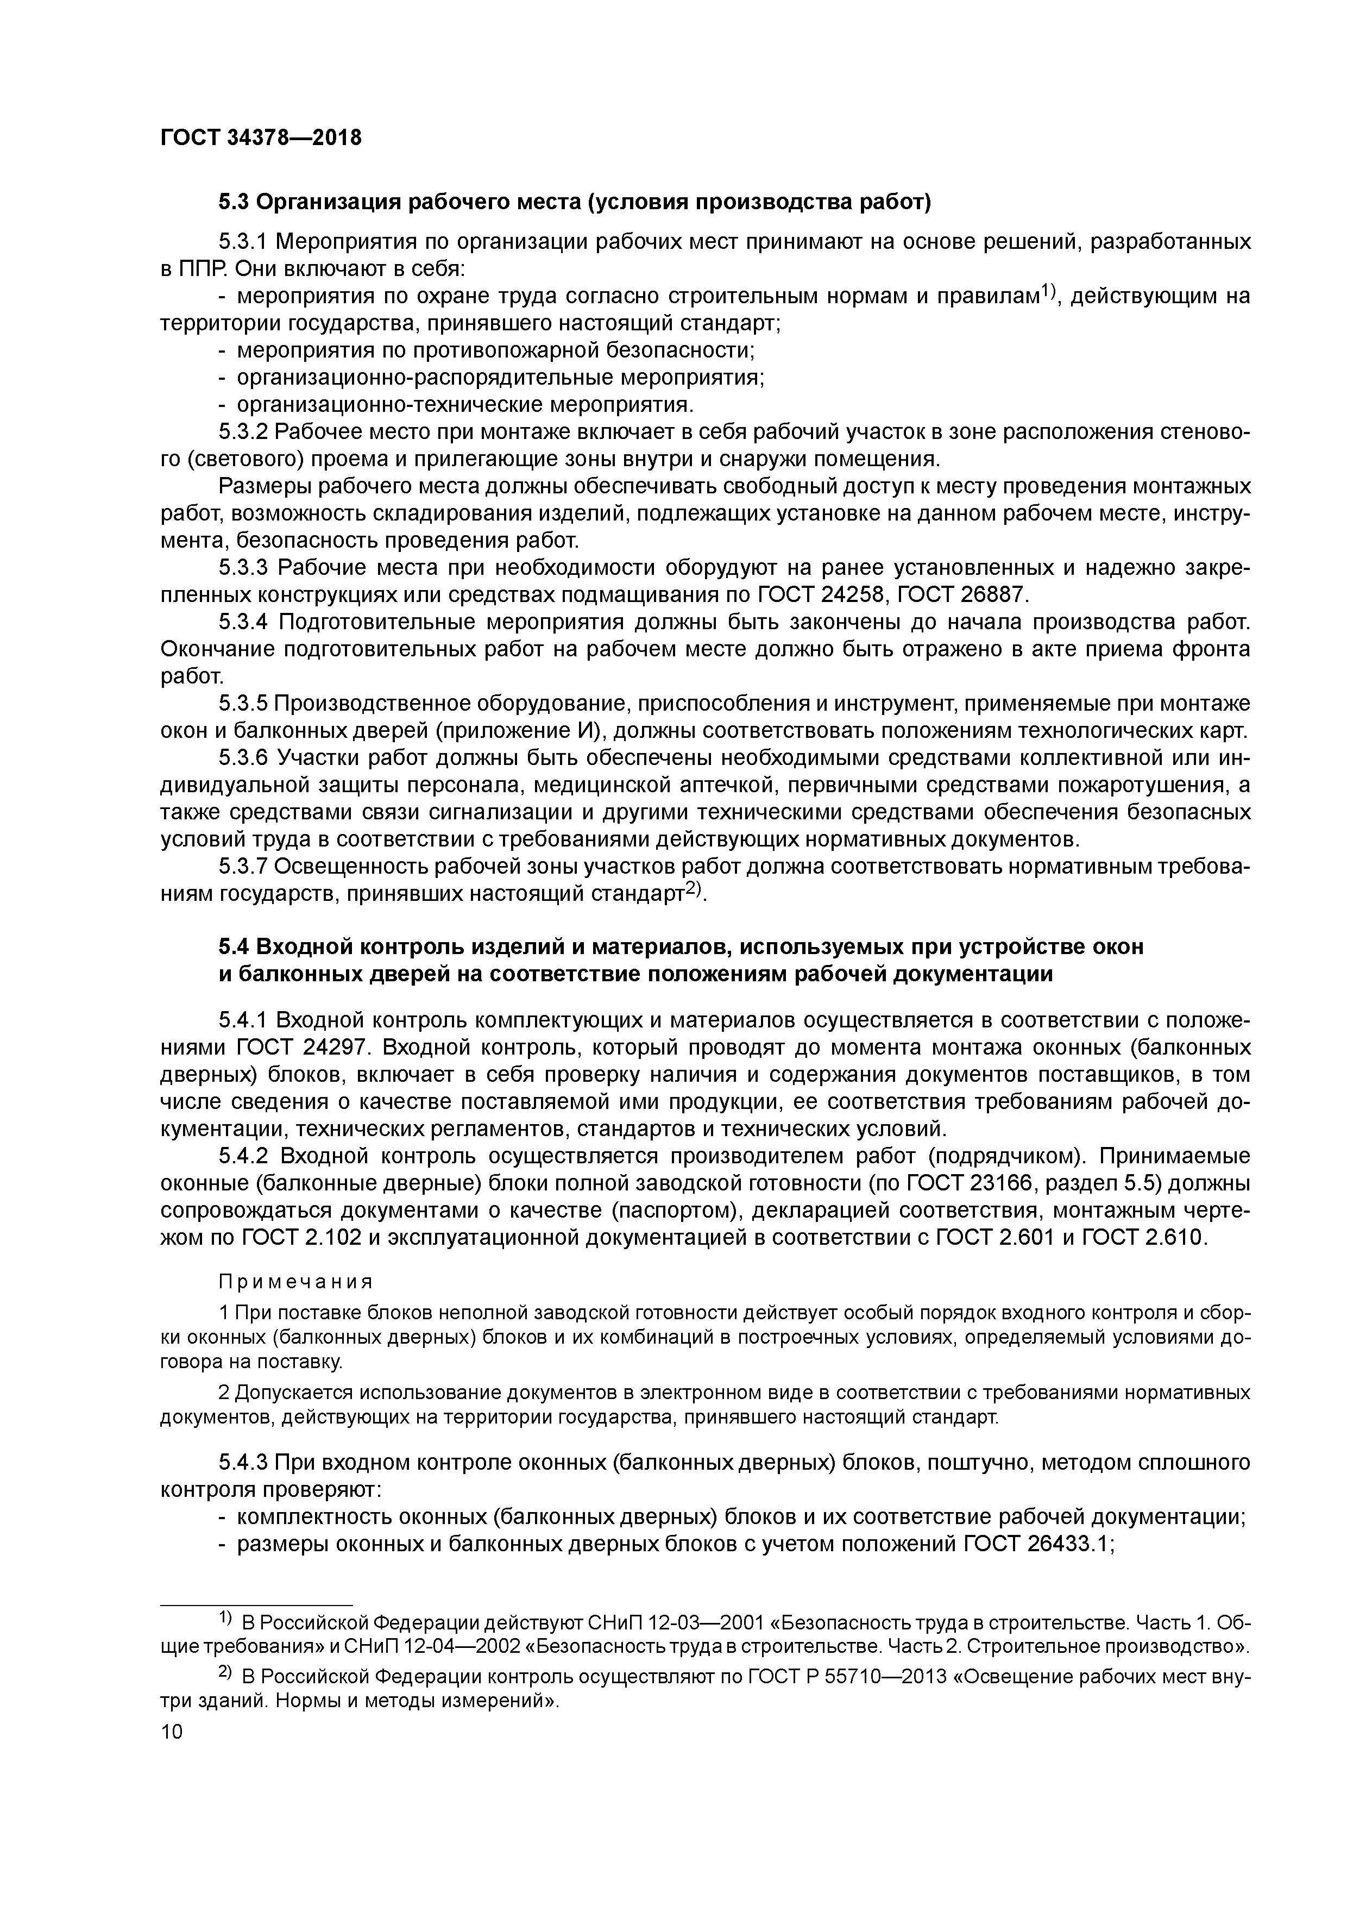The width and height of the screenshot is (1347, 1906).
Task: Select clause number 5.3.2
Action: [243, 431]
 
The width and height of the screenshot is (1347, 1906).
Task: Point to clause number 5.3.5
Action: [243, 704]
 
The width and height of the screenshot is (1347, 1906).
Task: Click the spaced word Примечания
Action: [294, 1282]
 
